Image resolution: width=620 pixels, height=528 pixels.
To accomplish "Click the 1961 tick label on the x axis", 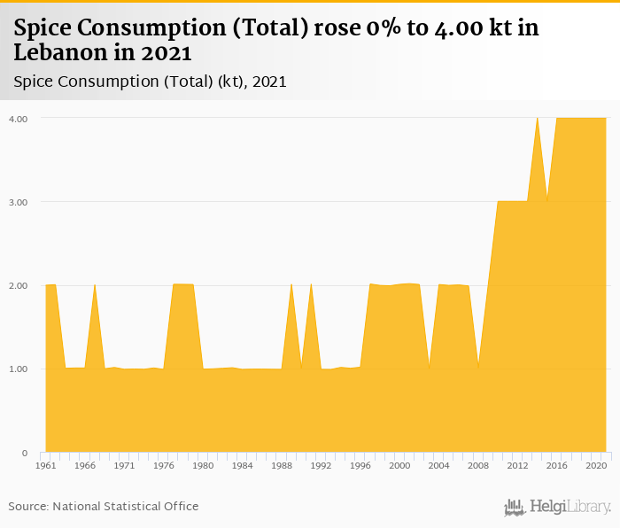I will pyautogui.click(x=46, y=465).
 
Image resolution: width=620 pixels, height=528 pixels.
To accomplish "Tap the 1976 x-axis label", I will pyautogui.click(x=164, y=465).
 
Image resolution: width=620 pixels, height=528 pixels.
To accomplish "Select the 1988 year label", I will pyautogui.click(x=282, y=465).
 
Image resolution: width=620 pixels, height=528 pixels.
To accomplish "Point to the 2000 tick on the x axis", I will pyautogui.click(x=399, y=465).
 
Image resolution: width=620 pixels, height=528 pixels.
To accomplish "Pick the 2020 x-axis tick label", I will pyautogui.click(x=596, y=465).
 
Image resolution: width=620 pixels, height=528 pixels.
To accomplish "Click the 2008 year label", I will pyautogui.click(x=478, y=465).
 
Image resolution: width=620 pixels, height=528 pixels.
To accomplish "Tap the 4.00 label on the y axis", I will pyautogui.click(x=18, y=119).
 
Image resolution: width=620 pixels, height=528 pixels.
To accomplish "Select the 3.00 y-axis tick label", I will pyautogui.click(x=18, y=202).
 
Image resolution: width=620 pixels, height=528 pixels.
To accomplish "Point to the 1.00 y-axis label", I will pyautogui.click(x=18, y=369).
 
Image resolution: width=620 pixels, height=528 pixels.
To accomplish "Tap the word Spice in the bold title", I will pyautogui.click(x=44, y=28).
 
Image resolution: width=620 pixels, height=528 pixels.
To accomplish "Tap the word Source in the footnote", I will pyautogui.click(x=28, y=507).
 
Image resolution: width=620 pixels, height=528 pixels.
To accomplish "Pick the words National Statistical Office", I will pyautogui.click(x=126, y=507).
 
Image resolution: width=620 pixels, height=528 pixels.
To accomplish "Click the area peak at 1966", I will pyautogui.click(x=95, y=285).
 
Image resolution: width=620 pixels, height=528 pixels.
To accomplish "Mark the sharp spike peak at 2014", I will pyautogui.click(x=537, y=118).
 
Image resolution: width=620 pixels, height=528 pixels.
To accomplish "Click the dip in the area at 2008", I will pyautogui.click(x=478, y=367).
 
